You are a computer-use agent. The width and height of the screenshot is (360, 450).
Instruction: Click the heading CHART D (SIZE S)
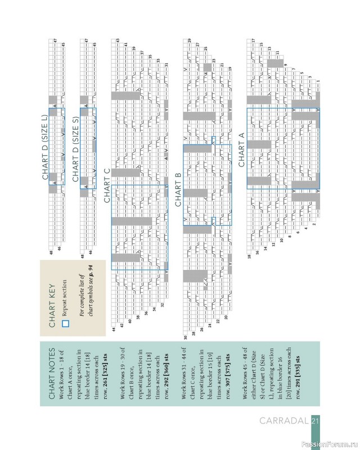pos(75,146)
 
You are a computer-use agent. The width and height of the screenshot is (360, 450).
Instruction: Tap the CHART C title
pos(106,186)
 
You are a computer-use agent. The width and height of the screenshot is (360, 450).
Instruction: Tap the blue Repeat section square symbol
pos(65,323)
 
